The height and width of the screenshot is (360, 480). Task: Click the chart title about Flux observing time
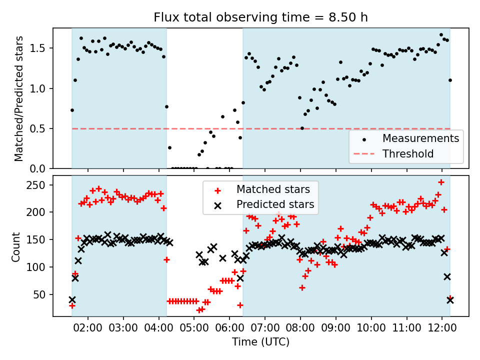click(x=260, y=18)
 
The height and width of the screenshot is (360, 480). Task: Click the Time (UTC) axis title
click(x=260, y=342)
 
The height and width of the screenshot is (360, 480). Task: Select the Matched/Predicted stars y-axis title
click(x=19, y=98)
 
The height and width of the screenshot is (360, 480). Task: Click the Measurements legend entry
click(x=420, y=138)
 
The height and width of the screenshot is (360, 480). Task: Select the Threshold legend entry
click(x=408, y=154)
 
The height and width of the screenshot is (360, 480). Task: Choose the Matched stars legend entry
click(x=273, y=189)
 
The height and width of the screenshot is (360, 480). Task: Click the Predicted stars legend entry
click(x=275, y=204)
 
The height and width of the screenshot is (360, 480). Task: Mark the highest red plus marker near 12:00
click(x=441, y=182)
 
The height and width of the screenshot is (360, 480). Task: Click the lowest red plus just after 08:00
click(x=302, y=287)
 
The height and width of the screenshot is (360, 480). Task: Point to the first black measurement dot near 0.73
click(x=72, y=110)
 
